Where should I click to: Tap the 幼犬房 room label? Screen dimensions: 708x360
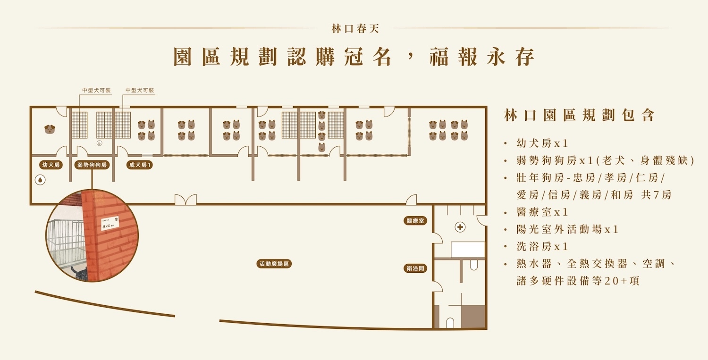pyautogui.click(x=51, y=165)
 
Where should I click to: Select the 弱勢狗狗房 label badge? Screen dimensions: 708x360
pyautogui.click(x=92, y=165)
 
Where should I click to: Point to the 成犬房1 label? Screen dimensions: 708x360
pyautogui.click(x=140, y=165)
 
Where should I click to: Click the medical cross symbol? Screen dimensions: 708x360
pyautogui.click(x=460, y=227)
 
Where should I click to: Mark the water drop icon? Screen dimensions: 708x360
pyautogui.click(x=41, y=180)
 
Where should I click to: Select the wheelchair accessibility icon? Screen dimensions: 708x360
pyautogui.click(x=100, y=142)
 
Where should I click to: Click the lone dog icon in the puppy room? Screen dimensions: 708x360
pyautogui.click(x=50, y=129)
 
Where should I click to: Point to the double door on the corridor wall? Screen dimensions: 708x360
pyautogui.click(x=185, y=200)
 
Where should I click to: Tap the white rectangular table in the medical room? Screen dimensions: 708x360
pyautogui.click(x=468, y=249)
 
